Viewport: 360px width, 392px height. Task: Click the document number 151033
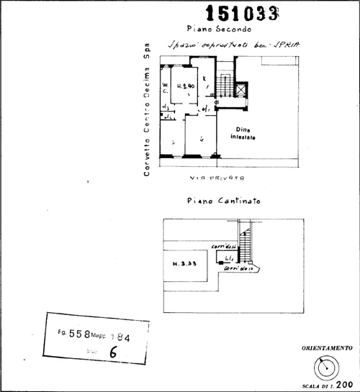click(x=243, y=12)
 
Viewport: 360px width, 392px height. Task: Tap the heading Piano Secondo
click(x=218, y=29)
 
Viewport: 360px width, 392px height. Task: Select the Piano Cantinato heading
click(x=222, y=203)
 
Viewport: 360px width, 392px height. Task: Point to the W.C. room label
click(x=164, y=89)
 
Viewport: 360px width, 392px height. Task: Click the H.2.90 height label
click(x=187, y=85)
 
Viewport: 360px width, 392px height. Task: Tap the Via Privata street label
click(x=218, y=177)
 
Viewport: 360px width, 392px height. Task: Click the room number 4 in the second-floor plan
click(x=203, y=138)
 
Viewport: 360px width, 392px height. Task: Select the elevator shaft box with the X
click(x=240, y=90)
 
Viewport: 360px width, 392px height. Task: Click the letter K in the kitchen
click(x=204, y=78)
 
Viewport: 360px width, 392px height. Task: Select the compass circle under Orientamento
click(x=329, y=366)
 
